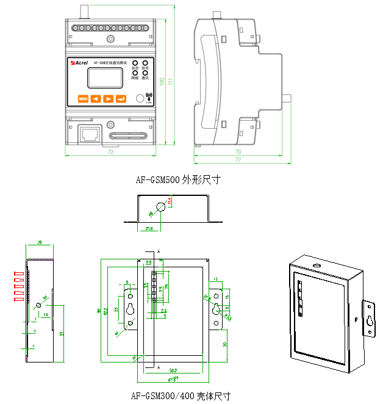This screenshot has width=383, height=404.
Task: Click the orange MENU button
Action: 82,98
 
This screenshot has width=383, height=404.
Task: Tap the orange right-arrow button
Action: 108,98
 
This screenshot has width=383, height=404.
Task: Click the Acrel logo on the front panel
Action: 80,62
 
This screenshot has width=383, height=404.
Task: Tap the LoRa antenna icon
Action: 148,97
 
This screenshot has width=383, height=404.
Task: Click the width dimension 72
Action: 111,151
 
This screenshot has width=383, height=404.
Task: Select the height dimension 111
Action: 171,81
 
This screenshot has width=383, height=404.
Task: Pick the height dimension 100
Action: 162,81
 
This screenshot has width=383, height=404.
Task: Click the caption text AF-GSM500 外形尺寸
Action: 177,180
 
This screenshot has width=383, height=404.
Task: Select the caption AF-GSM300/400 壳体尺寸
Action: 181,396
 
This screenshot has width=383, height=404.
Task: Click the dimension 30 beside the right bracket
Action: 224,344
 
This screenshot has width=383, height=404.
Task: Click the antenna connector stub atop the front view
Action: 82,10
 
